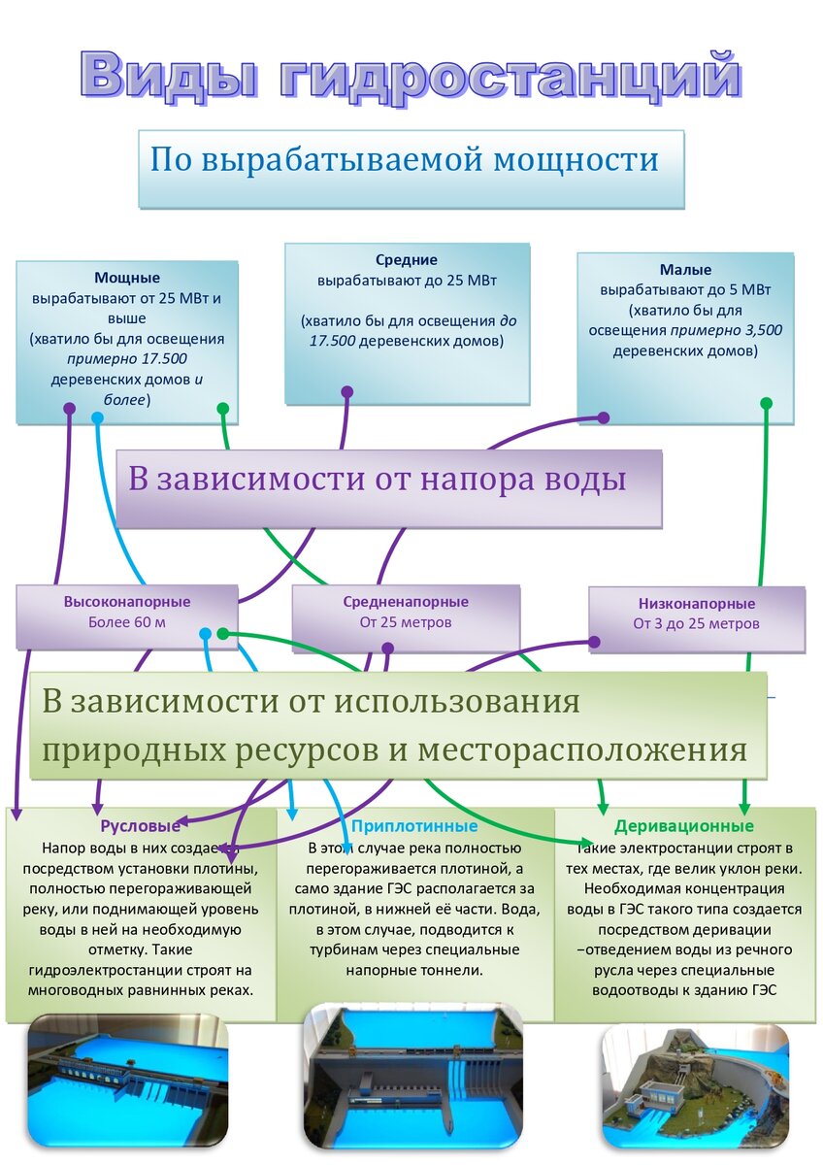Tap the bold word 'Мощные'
point(127,278)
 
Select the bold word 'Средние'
point(407,260)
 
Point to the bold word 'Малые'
point(685,270)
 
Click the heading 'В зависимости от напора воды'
point(377,480)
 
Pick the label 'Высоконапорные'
point(127,602)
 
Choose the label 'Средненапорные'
point(406,602)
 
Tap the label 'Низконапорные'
point(697,603)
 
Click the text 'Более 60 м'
point(127,622)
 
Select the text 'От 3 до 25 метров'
point(697,623)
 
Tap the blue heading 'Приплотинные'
point(414,826)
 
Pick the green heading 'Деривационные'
point(684,826)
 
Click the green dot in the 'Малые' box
point(766,403)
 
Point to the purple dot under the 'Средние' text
point(346,392)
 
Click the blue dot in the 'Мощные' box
point(97,417)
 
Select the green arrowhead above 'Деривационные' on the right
point(745,808)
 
